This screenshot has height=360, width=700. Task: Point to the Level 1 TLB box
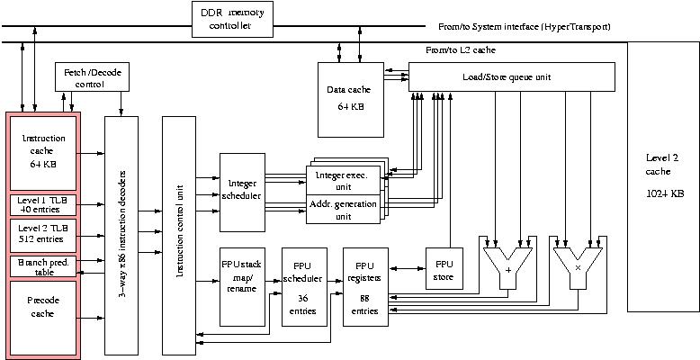coord(43,204)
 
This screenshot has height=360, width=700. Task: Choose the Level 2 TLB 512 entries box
coord(43,237)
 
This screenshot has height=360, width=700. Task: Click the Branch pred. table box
coord(43,266)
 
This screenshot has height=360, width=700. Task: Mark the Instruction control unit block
coord(180,234)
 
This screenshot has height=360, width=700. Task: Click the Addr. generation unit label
coord(343,209)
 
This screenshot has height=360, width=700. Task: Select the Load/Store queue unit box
coord(511,76)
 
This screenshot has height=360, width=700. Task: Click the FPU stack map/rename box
coord(240,284)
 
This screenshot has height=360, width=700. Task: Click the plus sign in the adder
coord(508,269)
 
